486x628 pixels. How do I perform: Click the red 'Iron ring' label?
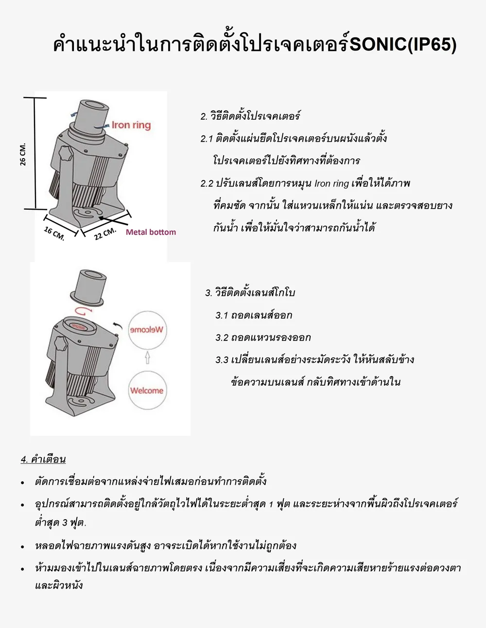tap(131, 125)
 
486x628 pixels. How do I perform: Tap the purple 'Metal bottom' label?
tap(151, 232)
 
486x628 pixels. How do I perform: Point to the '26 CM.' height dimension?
tap(23, 154)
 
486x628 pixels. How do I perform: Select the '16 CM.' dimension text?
tap(54, 233)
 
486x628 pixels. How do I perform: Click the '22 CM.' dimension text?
tap(105, 234)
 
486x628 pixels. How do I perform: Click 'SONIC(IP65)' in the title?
tap(403, 45)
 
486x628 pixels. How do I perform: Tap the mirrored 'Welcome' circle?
tap(148, 330)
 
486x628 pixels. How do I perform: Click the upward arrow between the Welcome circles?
tap(148, 358)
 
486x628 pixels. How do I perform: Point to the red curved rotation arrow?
tap(83, 311)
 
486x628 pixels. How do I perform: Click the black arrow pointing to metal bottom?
tap(113, 220)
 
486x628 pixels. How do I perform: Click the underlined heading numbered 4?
tap(43, 459)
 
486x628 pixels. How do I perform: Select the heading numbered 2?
tap(250, 116)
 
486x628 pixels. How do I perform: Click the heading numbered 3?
tap(250, 293)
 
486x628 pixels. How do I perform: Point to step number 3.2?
tap(222, 338)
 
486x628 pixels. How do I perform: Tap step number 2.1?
tap(207, 139)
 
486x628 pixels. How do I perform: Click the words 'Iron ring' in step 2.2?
tap(331, 183)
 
